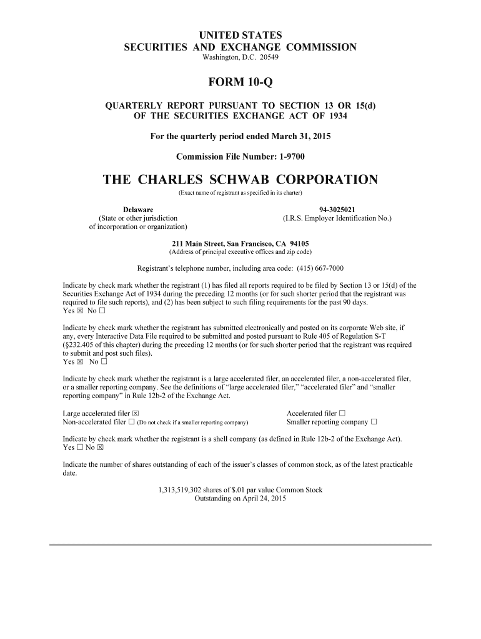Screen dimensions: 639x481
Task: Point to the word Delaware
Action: point(138,210)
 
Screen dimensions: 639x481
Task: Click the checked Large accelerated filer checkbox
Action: point(136,413)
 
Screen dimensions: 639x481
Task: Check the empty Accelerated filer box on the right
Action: point(342,413)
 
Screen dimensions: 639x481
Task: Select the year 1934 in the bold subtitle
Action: point(336,116)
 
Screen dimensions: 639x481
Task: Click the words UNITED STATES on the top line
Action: point(241,35)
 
